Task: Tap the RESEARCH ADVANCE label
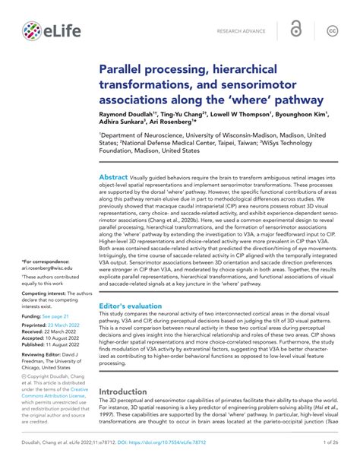click(x=242, y=31)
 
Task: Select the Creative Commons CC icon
click(x=331, y=31)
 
